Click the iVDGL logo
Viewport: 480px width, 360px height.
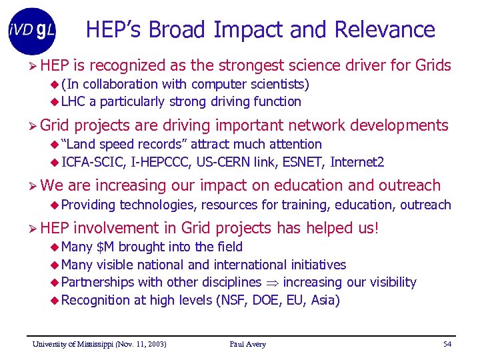(x=32, y=30)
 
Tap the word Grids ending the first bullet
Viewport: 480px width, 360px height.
(x=433, y=65)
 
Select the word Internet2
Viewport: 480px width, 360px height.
(x=357, y=161)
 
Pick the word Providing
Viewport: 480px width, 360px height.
(x=88, y=205)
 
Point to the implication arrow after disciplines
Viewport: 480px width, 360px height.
(x=273, y=283)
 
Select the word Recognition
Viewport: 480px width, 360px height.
(x=95, y=300)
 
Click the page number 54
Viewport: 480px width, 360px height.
(x=447, y=344)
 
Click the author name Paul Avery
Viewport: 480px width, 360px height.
(x=247, y=344)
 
